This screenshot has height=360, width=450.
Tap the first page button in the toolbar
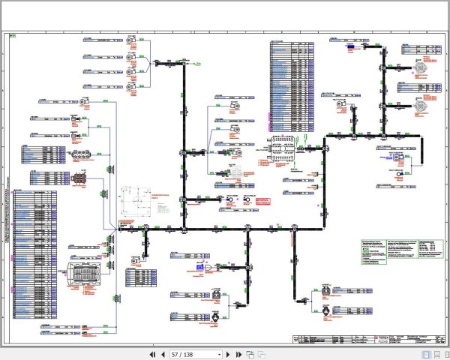click(153, 354)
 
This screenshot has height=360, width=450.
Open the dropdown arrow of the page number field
click(219, 354)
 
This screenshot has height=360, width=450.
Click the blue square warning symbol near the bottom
click(199, 267)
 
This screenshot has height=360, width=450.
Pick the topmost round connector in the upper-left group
click(129, 40)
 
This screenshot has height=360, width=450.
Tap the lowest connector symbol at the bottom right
click(324, 310)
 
